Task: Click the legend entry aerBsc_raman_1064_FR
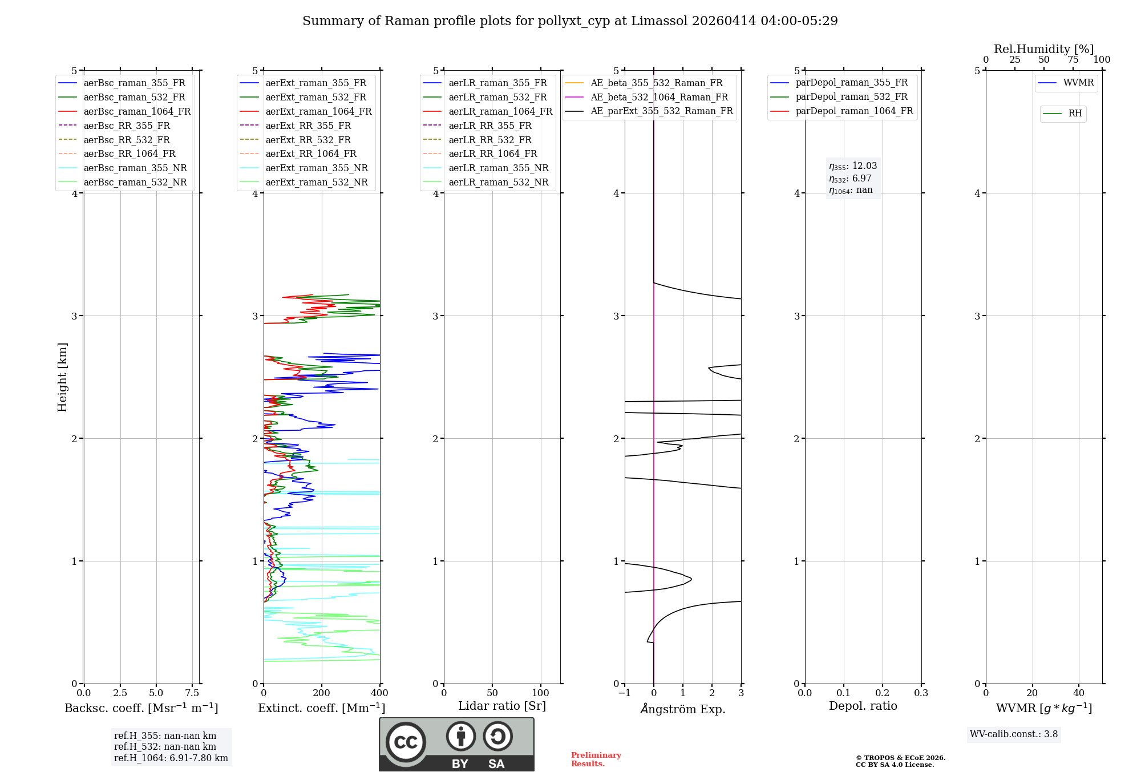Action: tap(137, 112)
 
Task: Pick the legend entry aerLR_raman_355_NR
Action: tap(498, 168)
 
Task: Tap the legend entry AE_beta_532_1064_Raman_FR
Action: tap(659, 98)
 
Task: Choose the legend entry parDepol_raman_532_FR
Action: tap(851, 97)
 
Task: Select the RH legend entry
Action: tap(1075, 114)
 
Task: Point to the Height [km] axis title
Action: tap(62, 377)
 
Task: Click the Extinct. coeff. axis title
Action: tap(322, 708)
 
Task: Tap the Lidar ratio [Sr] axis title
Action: tap(502, 706)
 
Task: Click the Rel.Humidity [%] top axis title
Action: tap(1043, 49)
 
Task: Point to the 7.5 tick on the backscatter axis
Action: tap(192, 693)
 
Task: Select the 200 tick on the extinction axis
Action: tap(322, 693)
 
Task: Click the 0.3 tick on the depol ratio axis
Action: tap(921, 693)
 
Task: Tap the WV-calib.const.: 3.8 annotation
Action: tap(1014, 734)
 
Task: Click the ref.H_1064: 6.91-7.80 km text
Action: tap(171, 758)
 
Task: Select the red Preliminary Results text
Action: tap(596, 759)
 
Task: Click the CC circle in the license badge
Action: tap(406, 742)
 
